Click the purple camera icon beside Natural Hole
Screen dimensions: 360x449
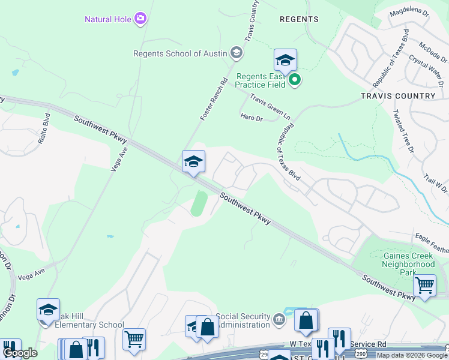pyautogui.click(x=140, y=19)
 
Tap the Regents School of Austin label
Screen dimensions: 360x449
pyautogui.click(x=180, y=53)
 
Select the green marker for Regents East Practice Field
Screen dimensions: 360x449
pyautogui.click(x=294, y=80)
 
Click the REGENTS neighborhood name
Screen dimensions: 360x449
pyautogui.click(x=299, y=19)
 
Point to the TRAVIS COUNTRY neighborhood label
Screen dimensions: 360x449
pyautogui.click(x=398, y=96)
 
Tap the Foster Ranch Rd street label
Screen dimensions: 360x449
pyautogui.click(x=214, y=99)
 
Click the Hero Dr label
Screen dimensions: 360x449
pyautogui.click(x=252, y=118)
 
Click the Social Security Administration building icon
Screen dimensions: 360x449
pyautogui.click(x=279, y=318)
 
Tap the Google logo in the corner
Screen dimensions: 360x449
pyautogui.click(x=20, y=353)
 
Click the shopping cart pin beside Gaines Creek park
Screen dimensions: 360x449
pyautogui.click(x=424, y=285)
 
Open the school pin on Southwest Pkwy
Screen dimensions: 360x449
pyautogui.click(x=193, y=161)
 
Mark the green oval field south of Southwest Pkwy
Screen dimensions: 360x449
pyautogui.click(x=199, y=203)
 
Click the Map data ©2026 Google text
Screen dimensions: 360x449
pyautogui.click(x=412, y=355)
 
